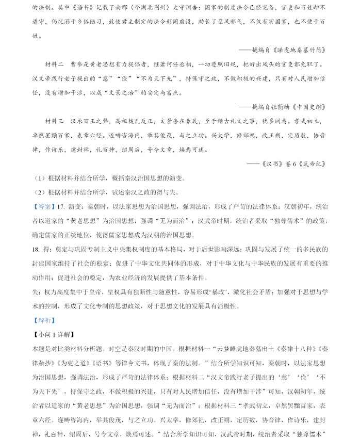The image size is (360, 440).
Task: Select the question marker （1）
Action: pos(41,178)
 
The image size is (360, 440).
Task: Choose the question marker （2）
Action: pos(41,192)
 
